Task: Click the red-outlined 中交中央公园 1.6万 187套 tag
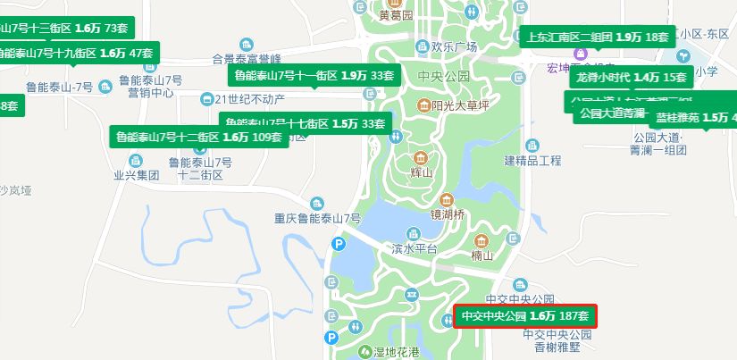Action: click(524, 316)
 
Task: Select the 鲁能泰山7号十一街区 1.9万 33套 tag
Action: click(313, 75)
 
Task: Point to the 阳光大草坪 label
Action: click(461, 106)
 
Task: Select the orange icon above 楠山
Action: click(482, 241)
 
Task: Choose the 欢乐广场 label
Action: click(455, 47)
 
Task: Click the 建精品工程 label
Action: click(532, 161)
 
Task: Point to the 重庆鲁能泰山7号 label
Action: click(317, 219)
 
